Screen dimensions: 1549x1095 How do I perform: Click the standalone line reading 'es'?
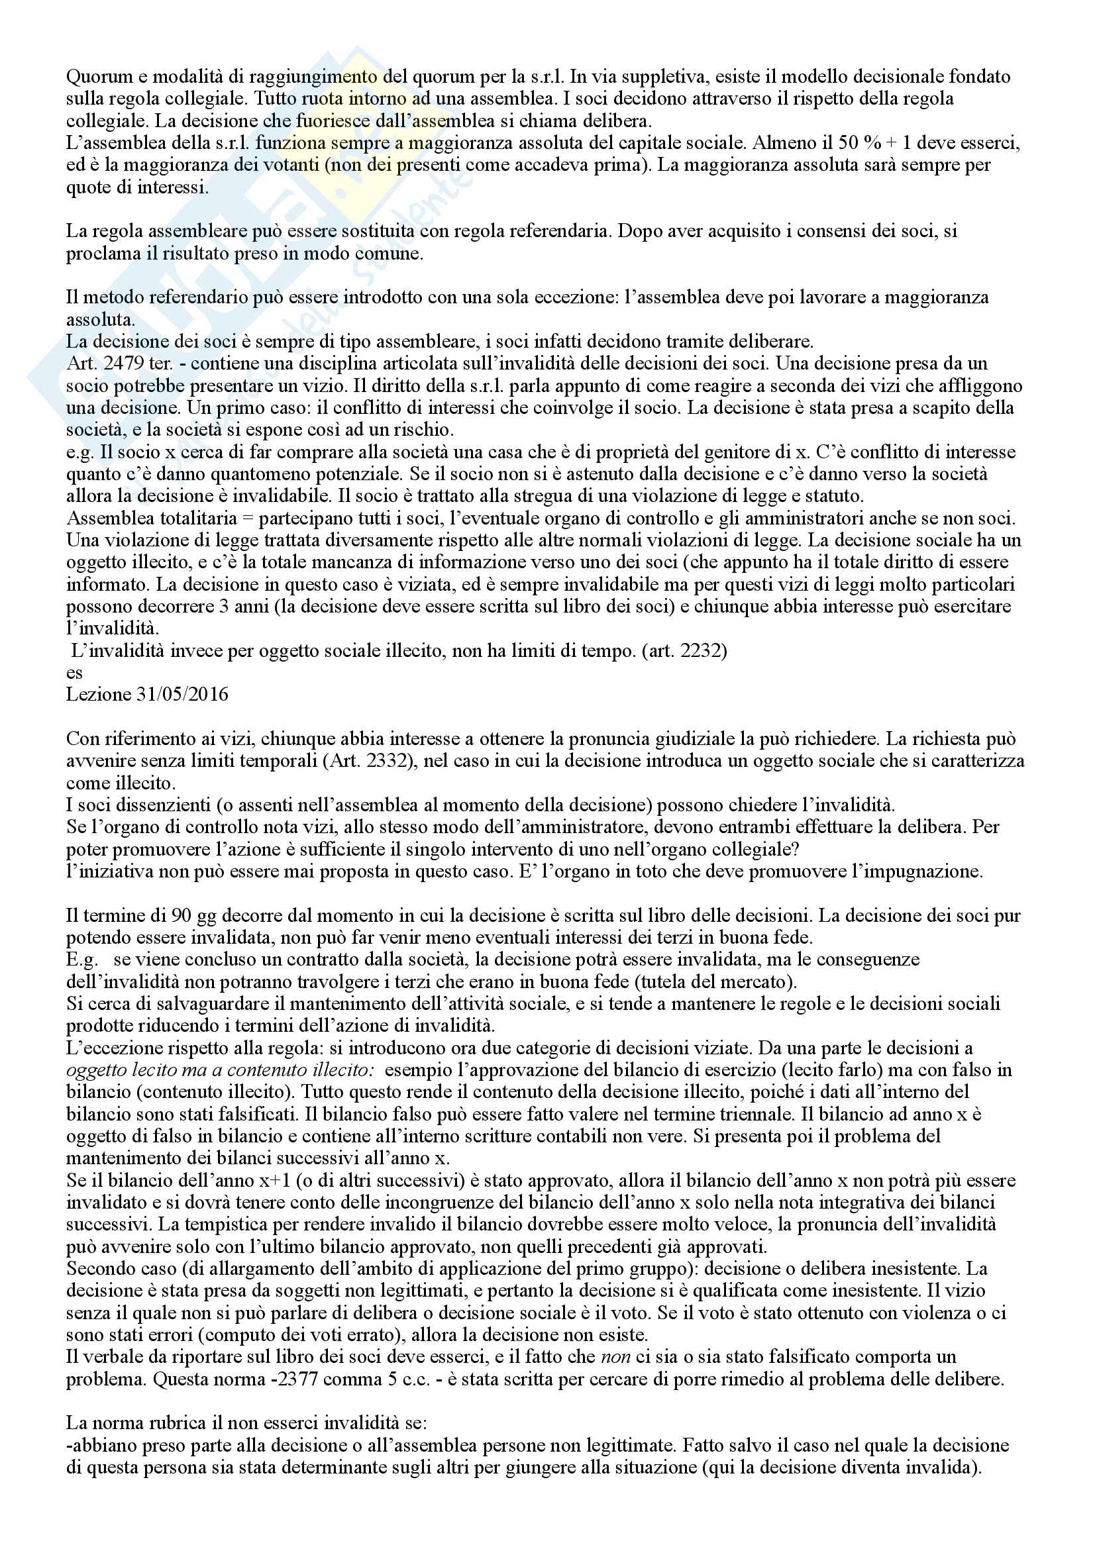[x=74, y=673]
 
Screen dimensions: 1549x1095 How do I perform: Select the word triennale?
[x=815, y=1114]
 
